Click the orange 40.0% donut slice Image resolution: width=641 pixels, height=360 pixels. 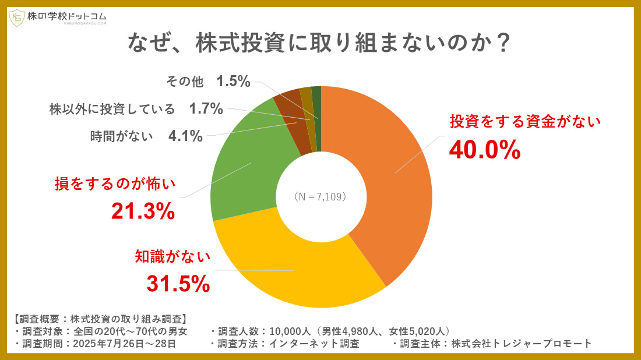click(390, 175)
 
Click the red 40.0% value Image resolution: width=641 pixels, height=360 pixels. click(484, 150)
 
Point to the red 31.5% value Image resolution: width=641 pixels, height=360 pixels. click(178, 284)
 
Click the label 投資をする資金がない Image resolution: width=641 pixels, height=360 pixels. click(524, 121)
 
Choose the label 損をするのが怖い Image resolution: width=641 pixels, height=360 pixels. click(115, 184)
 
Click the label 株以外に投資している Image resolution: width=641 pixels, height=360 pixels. click(112, 108)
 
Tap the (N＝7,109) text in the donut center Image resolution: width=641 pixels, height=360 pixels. click(320, 197)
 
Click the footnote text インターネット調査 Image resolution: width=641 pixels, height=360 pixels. click(315, 343)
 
